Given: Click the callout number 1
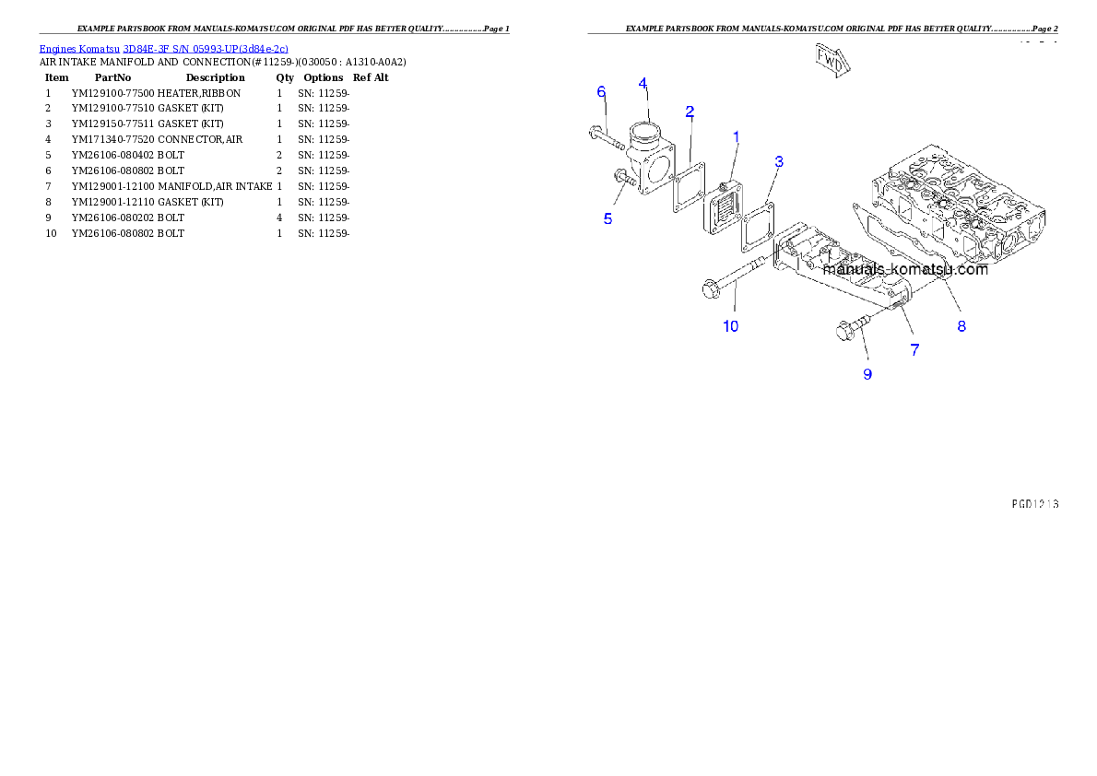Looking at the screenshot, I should point(736,137).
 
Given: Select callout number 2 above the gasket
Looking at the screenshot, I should point(690,112).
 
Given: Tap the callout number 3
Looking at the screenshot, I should point(779,161).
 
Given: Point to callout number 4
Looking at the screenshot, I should point(643,84).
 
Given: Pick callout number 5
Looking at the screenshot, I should point(607,219).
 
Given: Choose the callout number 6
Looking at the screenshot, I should point(601,91).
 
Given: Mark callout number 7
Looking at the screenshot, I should point(914,349).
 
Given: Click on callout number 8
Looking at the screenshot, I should point(961,325).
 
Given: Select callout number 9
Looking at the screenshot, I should point(867,374).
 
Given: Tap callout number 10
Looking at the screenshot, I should point(730,326).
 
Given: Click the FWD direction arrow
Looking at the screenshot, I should point(832,58).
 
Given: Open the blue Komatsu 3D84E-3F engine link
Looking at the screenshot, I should point(163,48).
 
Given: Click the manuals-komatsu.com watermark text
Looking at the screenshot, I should point(905,269).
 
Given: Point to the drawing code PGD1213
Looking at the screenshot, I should point(1033,504).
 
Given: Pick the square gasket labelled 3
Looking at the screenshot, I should point(759,229).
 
